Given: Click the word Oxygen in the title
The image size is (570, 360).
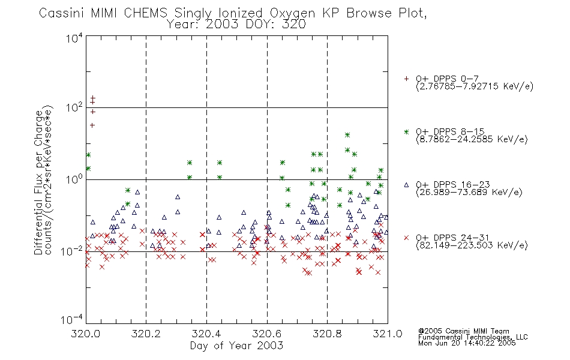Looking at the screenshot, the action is point(292,13).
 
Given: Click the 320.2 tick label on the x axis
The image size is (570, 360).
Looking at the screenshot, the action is point(146,334).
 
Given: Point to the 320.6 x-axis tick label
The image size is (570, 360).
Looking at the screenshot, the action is point(267,334).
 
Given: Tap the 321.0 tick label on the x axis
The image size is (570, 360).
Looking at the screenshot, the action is point(388,334).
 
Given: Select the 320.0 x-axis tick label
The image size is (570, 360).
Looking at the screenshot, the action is point(86,334).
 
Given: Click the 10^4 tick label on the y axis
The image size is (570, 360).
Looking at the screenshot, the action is point(74,37).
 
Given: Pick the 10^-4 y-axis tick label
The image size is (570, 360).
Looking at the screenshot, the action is point(72,320).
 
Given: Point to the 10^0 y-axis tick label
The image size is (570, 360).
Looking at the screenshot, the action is point(74,179).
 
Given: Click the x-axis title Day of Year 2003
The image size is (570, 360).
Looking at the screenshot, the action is point(236,346).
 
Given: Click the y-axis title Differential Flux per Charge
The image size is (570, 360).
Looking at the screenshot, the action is point(38,182).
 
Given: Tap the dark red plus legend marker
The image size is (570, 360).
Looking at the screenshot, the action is point(406,79).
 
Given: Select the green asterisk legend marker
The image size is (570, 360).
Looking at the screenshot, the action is point(406,132).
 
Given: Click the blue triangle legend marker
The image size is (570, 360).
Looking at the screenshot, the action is point(406,185).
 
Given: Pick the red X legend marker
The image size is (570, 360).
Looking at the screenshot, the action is point(406,238).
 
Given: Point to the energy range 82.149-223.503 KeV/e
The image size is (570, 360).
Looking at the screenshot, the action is point(472,245).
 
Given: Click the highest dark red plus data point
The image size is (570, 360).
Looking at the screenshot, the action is point(92,98).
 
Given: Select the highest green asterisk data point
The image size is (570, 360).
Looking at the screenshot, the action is point(347,135).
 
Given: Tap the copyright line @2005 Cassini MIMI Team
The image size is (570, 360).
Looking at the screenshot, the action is point(464,331).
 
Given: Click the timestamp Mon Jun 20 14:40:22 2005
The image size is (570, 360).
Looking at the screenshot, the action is point(467,343).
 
